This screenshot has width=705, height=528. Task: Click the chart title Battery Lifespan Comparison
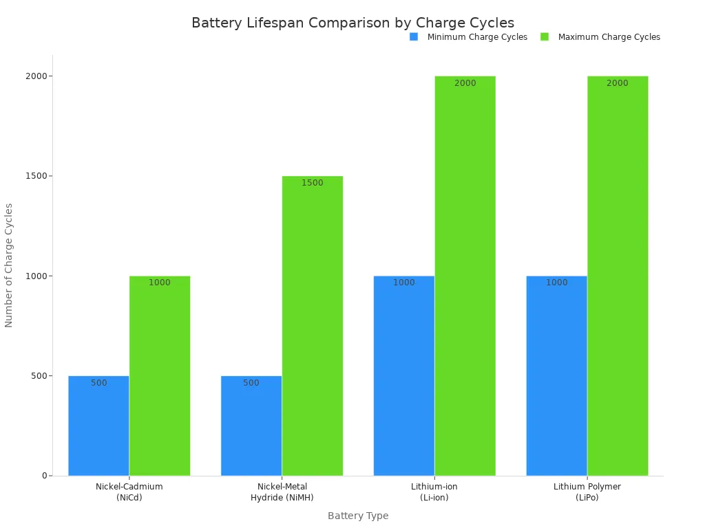coord(352,23)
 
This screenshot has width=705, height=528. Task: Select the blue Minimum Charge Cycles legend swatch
coord(414,37)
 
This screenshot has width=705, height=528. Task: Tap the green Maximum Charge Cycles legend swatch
coord(545,37)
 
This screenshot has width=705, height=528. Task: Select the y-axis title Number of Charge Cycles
coord(9,265)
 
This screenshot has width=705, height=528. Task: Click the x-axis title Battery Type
coord(358,516)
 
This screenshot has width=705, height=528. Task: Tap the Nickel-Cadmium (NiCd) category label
coord(129,492)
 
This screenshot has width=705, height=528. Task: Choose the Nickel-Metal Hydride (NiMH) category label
coord(282,492)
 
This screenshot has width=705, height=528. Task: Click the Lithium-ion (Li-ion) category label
coord(434,492)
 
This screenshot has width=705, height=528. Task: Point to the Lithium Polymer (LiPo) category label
coord(587,492)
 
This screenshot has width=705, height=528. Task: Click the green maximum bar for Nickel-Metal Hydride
coord(313,330)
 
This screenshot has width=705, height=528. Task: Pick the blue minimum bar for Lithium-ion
coord(404,378)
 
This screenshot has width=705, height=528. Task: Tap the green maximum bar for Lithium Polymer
coord(618,275)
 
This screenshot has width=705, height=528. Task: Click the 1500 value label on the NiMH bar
coord(313,183)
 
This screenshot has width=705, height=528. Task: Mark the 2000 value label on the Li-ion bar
coord(465,83)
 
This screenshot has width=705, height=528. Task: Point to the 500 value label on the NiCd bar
coord(99,383)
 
